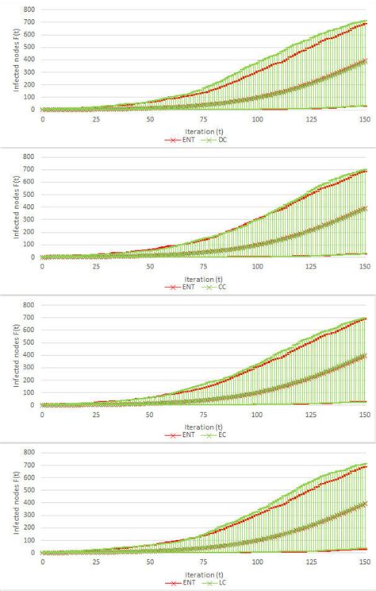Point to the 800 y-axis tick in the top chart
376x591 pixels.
click(29, 10)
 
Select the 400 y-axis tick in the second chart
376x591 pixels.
click(29, 207)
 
